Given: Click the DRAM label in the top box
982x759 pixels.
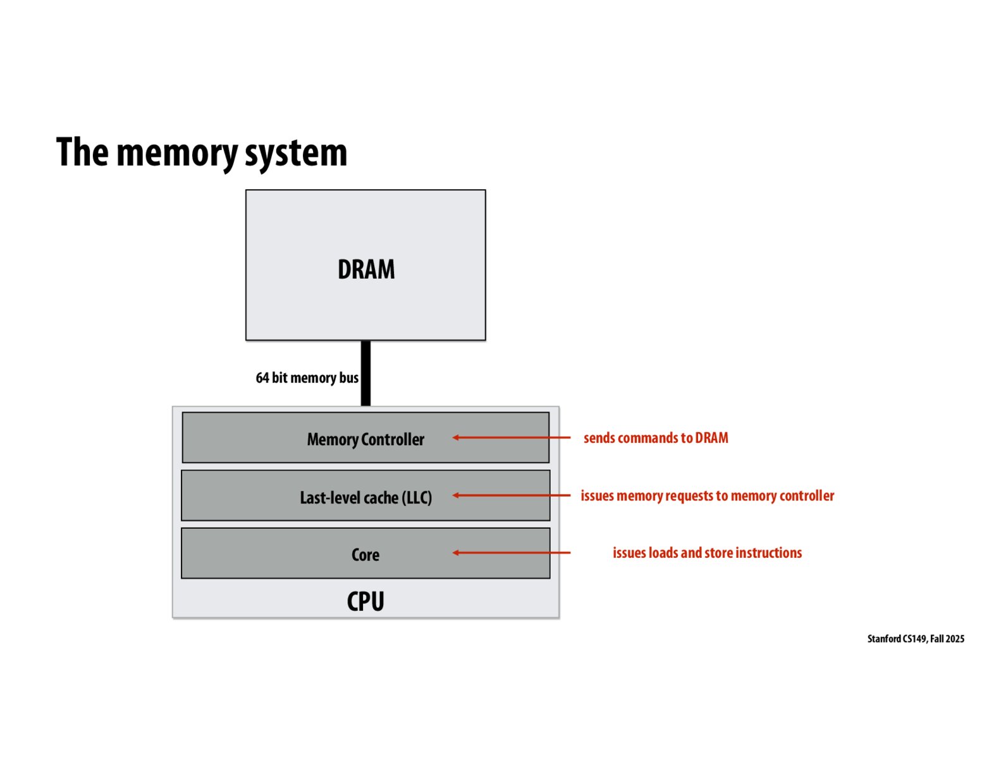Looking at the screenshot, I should coord(366,269).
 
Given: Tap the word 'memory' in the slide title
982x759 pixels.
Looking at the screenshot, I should coord(176,152).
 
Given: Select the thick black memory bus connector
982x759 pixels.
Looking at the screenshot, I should coord(365,373).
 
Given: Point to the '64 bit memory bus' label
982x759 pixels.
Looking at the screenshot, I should coord(307,378).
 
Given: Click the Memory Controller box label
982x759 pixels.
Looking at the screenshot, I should coord(365,439).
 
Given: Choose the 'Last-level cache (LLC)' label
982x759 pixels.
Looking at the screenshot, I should coord(365,498).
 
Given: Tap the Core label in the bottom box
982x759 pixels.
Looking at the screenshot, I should coord(365,555).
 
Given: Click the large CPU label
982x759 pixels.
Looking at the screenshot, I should coord(365,601).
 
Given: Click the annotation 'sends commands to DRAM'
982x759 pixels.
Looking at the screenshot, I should coord(656,438).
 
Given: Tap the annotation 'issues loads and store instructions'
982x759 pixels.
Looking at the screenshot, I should coord(707,553).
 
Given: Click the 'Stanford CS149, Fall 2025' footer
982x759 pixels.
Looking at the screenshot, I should coord(916,639).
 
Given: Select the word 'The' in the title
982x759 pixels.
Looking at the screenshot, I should coord(82,152).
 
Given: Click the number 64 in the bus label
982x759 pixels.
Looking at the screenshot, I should coord(262,378).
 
